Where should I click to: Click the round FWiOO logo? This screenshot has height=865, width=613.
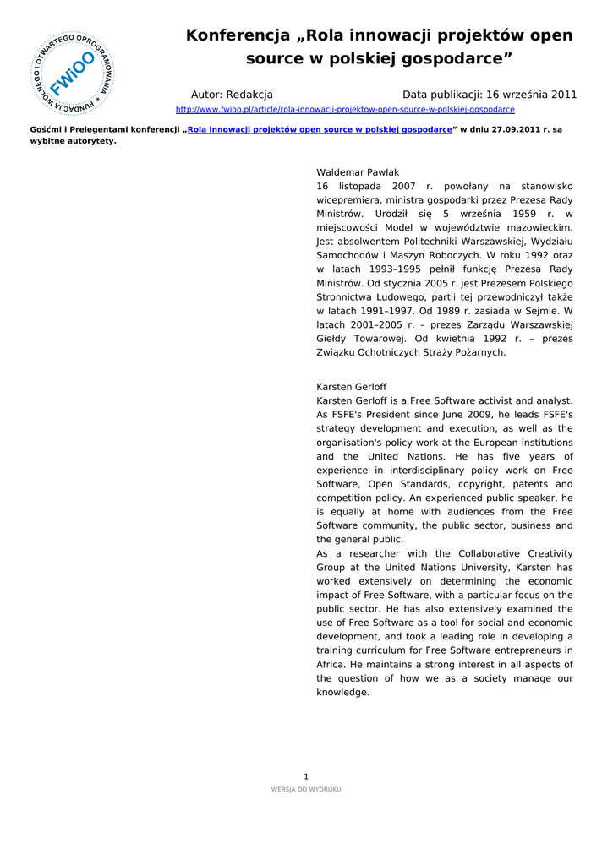71,74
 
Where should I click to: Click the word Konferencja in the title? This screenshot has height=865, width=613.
238,35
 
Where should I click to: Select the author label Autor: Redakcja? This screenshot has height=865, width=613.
232,95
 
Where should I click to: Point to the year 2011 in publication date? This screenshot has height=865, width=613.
563,95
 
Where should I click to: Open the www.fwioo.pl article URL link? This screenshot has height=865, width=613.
344,110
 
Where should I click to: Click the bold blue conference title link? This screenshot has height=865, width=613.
320,130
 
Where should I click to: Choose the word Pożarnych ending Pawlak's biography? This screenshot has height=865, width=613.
479,352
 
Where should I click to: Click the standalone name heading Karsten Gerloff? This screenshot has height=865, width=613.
351,387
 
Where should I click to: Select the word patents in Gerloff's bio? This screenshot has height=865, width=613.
508,484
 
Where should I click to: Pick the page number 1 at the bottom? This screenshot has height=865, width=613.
306,776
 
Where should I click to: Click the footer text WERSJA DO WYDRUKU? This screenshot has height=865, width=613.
306,789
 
